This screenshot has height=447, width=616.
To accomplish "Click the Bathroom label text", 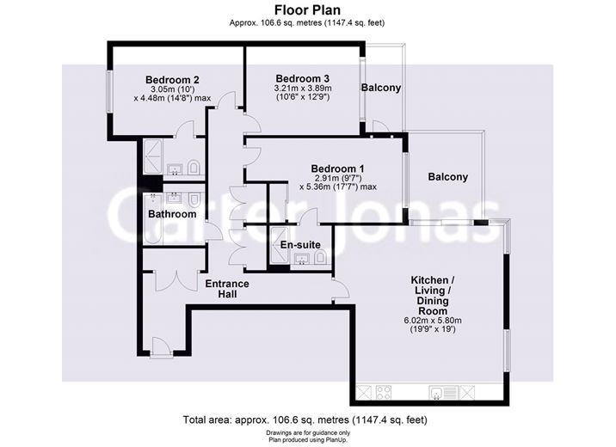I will pos(172,214).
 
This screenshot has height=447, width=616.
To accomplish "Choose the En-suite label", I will pos(302,245).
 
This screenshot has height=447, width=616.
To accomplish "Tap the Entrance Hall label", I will pos(226,290).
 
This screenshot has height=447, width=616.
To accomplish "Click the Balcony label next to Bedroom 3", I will pos(381,89).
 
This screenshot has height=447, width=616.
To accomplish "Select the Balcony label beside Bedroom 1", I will pos(448,178).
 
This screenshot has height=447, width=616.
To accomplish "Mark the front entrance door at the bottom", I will pos(158,347).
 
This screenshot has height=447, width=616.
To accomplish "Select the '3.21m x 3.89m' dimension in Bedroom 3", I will pos(303,88).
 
